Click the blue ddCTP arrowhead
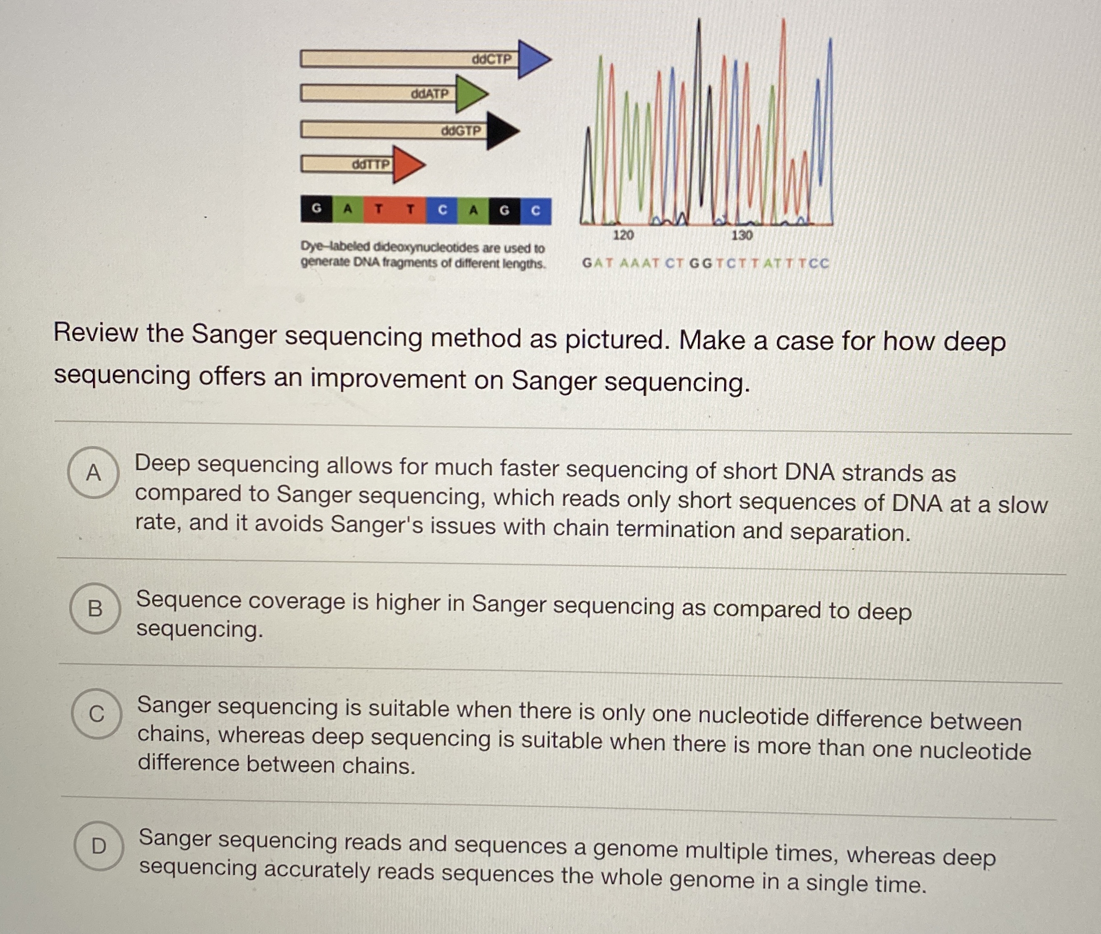coord(532,59)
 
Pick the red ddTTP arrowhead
coord(406,165)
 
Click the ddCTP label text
coord(492,59)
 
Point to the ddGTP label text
coord(462,130)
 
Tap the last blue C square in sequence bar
coord(536,211)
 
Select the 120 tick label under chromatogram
coord(623,235)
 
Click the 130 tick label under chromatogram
coord(742,235)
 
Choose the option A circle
coord(93,472)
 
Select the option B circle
coord(95,608)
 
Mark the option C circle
coord(97,714)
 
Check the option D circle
coord(98,846)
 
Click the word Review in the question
coord(95,333)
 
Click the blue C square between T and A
coord(442,210)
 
